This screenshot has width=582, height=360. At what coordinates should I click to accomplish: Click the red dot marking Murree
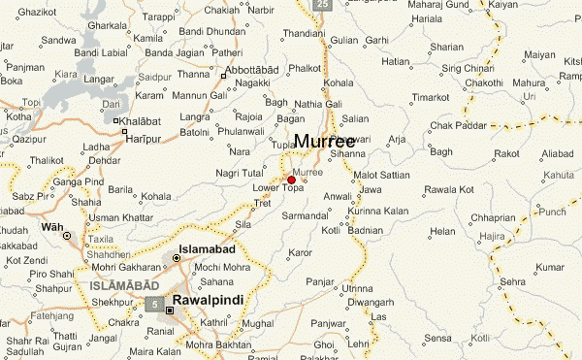click(x=291, y=180)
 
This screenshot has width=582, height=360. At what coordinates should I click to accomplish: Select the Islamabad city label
click(x=210, y=248)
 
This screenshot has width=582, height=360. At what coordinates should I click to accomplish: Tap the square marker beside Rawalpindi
click(x=170, y=311)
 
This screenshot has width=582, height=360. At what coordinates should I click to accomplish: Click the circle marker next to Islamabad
click(x=176, y=258)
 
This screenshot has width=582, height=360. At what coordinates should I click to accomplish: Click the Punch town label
click(x=553, y=211)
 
